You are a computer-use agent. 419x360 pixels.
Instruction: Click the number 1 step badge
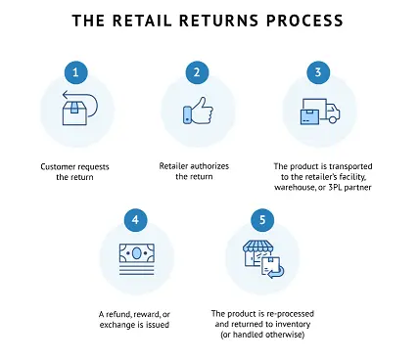[75, 72]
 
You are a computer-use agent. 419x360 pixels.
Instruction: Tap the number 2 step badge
[197, 72]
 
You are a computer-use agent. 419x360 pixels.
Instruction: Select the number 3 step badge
[318, 72]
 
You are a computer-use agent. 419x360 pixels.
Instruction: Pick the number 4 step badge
[136, 220]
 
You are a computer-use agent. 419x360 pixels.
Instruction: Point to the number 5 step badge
[262, 220]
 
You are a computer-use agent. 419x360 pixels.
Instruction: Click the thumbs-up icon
[198, 111]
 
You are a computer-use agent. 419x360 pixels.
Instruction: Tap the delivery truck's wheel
[332, 119]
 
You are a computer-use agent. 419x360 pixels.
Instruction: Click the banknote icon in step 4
[136, 253]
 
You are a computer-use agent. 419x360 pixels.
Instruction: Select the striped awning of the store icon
[258, 247]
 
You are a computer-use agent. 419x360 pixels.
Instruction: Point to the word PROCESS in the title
[304, 21]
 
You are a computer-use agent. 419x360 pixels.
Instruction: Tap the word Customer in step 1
[58, 167]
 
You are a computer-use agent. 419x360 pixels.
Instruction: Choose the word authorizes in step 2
[209, 166]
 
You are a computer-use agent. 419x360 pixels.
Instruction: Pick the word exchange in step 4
[116, 325]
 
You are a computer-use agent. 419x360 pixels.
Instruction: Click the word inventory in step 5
[293, 325]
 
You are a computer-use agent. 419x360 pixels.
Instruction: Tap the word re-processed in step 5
[290, 314]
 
